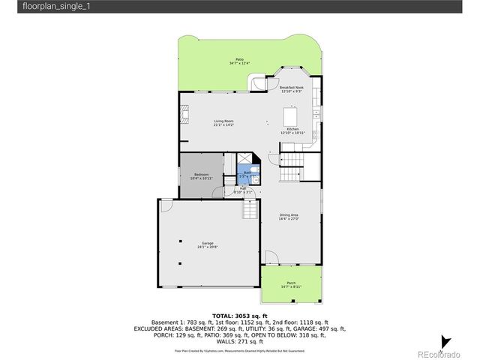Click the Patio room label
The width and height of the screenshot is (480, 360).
pyautogui.click(x=239, y=61)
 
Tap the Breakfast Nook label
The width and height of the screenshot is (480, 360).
pyautogui.click(x=291, y=89)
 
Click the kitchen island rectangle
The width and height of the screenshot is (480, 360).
pyautogui.click(x=290, y=118)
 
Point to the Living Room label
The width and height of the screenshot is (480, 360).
pyautogui.click(x=223, y=123)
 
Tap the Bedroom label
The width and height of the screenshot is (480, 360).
pyautogui.click(x=202, y=176)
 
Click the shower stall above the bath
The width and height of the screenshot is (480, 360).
pyautogui.click(x=244, y=159)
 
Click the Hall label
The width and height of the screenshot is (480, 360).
pyautogui.click(x=244, y=190)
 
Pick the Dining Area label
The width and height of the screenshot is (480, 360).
pyautogui.click(x=289, y=217)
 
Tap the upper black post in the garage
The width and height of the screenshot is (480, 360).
pyautogui.click(x=181, y=241)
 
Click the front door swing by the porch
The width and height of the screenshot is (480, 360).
pyautogui.click(x=271, y=258)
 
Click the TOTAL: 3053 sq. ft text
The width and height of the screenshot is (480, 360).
pyautogui.click(x=239, y=316)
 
